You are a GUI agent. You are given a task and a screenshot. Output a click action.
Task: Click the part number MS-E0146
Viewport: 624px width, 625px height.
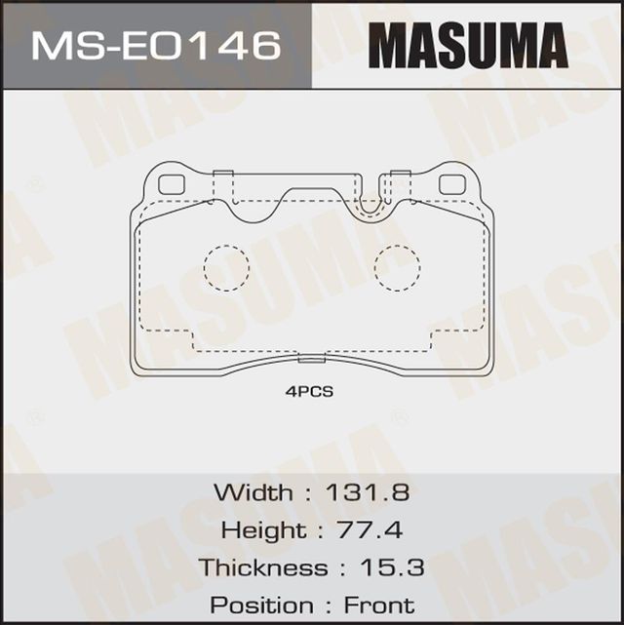point(156,45)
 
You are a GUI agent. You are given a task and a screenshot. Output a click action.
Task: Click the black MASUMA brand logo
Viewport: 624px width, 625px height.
point(468,46)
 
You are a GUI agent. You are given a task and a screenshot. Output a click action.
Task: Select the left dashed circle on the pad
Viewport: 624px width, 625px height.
point(225,267)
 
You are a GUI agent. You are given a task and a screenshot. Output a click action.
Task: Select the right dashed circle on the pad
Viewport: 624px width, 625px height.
point(397,267)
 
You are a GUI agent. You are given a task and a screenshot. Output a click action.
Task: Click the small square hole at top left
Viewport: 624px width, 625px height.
point(172,183)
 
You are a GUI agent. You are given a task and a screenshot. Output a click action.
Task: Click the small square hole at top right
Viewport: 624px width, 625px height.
point(451,183)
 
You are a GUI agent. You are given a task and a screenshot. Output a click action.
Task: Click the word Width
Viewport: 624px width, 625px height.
point(252,491)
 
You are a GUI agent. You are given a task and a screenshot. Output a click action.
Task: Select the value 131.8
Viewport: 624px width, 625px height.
point(370,491)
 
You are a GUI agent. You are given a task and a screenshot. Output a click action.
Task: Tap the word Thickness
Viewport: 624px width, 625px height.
point(263,567)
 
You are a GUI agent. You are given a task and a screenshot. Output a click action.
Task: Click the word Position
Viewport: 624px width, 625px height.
point(260,605)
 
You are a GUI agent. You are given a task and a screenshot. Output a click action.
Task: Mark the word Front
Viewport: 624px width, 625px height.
point(378,605)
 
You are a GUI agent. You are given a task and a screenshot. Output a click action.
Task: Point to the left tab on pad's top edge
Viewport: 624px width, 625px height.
point(223,176)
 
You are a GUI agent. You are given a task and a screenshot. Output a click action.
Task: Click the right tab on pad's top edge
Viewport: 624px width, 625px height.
point(400,176)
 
